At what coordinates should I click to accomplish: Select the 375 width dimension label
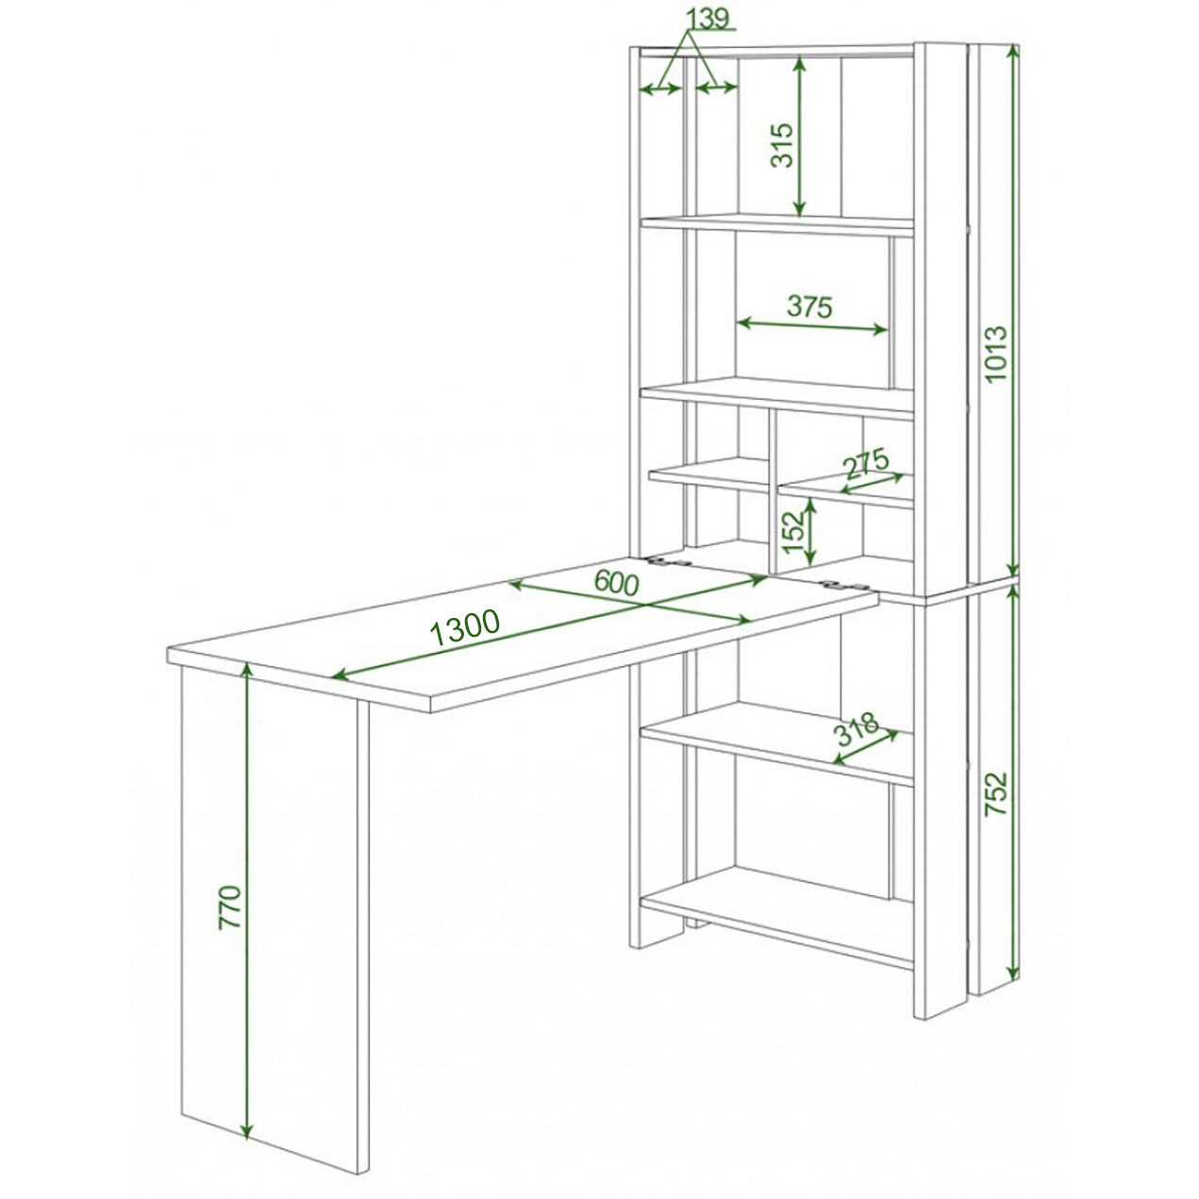tap(809, 307)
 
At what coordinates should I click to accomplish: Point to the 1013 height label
tap(995, 354)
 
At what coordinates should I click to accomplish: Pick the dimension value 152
tap(793, 532)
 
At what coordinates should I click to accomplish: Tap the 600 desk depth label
tap(616, 583)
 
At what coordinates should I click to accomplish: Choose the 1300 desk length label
tap(465, 628)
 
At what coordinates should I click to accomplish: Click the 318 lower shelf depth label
tap(857, 728)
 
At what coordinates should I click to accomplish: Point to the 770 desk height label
tap(229, 908)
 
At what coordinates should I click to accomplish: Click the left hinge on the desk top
tap(670, 562)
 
